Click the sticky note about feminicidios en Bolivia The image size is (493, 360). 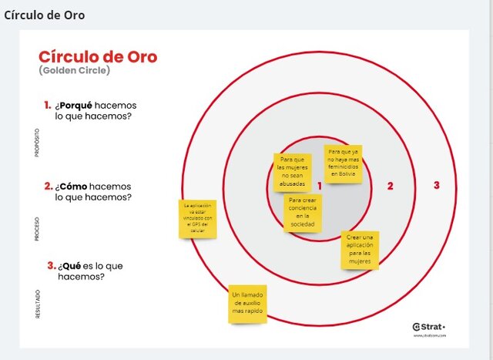pyautogui.click(x=343, y=164)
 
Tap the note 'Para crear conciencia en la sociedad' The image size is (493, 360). pyautogui.click(x=303, y=213)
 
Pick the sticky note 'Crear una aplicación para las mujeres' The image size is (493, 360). pyautogui.click(x=359, y=250)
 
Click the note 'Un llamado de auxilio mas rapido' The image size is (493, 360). pyautogui.click(x=248, y=304)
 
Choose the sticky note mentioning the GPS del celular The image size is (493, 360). pyautogui.click(x=198, y=218)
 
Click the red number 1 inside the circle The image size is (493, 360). pyautogui.click(x=319, y=186)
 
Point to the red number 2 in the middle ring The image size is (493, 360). pyautogui.click(x=391, y=186)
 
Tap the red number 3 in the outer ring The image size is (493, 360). pyautogui.click(x=436, y=185)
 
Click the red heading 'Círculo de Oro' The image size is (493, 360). pyautogui.click(x=97, y=57)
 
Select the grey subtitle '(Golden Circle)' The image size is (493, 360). pyautogui.click(x=74, y=71)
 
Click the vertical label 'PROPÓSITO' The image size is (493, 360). pyautogui.click(x=36, y=143)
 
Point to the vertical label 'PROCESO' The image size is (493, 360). pyautogui.click(x=36, y=230)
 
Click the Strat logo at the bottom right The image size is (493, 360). pyautogui.click(x=428, y=326)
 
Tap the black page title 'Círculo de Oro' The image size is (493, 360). pyautogui.click(x=45, y=15)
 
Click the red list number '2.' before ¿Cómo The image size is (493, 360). pyautogui.click(x=48, y=186)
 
